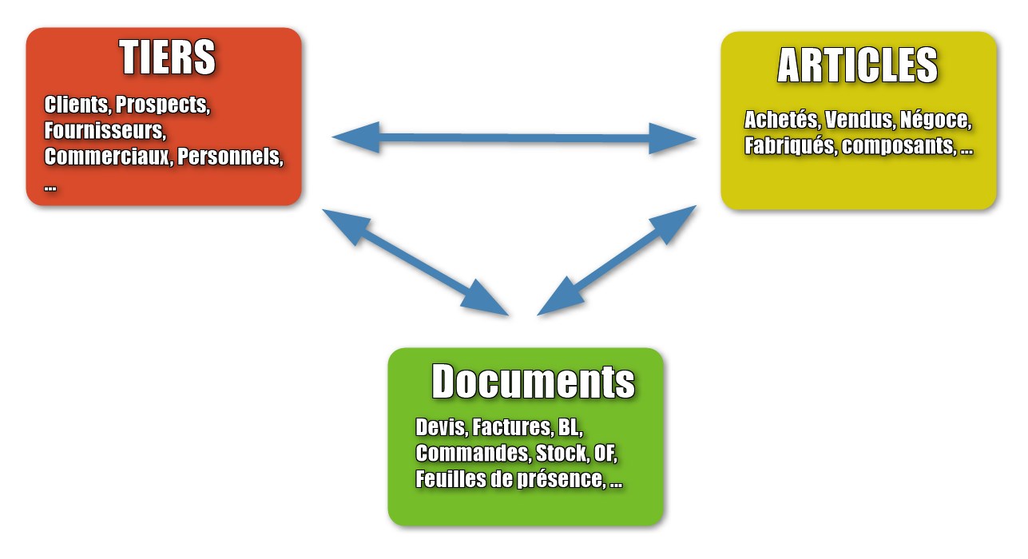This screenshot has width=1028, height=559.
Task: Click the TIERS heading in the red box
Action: pos(168,57)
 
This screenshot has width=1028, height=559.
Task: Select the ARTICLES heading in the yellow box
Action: pos(857,65)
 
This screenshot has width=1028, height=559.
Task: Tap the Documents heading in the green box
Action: pos(533,382)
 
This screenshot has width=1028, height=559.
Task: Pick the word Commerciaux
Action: pos(107,156)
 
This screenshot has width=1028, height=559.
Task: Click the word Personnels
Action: pos(230,156)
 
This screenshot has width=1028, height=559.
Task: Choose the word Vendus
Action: pos(859,121)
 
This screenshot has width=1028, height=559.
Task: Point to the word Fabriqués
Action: pos(788,146)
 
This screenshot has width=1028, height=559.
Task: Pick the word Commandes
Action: pos(472,454)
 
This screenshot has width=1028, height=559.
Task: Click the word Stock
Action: pos(562,454)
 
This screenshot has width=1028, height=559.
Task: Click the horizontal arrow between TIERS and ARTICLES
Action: pos(514,138)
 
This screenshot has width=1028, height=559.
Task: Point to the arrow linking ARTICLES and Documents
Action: pos(617,260)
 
